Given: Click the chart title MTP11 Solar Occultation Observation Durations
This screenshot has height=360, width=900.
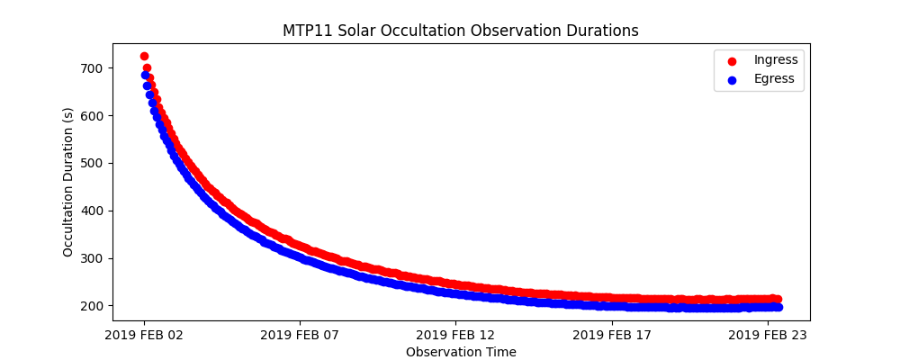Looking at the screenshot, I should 460,31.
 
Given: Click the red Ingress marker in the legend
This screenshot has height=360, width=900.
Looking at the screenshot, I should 732,60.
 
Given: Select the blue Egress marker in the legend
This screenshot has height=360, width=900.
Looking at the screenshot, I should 732,79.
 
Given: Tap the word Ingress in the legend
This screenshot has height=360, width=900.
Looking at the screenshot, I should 776,59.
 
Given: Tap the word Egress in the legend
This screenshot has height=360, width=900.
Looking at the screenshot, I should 774,78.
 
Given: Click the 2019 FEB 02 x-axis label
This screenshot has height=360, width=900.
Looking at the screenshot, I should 144,335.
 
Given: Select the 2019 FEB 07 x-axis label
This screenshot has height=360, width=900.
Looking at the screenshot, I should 300,335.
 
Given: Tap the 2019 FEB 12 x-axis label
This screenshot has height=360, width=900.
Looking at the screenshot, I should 455,335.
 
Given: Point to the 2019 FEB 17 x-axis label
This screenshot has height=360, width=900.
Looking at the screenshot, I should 612,335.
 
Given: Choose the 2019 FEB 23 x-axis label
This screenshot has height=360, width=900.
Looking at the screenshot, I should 768,335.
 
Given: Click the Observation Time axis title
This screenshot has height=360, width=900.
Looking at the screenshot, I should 461,352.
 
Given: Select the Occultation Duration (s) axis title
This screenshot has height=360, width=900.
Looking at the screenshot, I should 68,182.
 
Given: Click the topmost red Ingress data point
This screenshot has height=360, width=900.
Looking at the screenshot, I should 144,56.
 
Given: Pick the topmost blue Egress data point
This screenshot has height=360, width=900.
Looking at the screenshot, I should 145,76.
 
